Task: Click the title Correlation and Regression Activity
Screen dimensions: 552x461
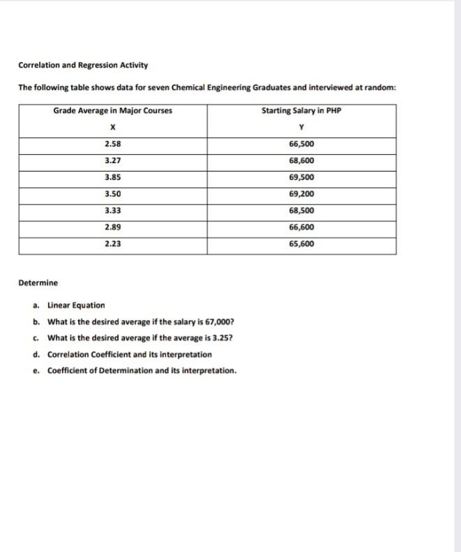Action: click(x=83, y=66)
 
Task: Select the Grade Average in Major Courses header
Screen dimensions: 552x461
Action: click(x=112, y=111)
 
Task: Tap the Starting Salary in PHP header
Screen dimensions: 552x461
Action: click(x=301, y=111)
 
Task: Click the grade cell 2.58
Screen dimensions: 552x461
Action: click(x=112, y=144)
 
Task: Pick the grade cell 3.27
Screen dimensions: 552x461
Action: click(x=112, y=160)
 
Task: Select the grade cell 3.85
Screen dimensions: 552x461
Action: click(x=112, y=177)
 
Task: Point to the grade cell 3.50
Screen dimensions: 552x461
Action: click(x=112, y=194)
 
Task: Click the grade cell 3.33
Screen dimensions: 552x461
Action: click(x=112, y=210)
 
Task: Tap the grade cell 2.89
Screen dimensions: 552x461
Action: click(x=112, y=227)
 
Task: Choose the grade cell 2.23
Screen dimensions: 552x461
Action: click(x=112, y=244)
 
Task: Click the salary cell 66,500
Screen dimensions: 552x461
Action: click(x=301, y=144)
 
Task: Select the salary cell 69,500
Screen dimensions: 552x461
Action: click(x=301, y=177)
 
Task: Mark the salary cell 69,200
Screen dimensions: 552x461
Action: click(x=301, y=194)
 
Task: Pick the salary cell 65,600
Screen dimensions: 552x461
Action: click(x=301, y=244)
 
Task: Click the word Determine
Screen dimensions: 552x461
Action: click(x=38, y=283)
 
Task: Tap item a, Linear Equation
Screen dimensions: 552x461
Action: click(x=76, y=305)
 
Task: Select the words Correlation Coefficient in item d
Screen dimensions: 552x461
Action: click(x=86, y=355)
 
